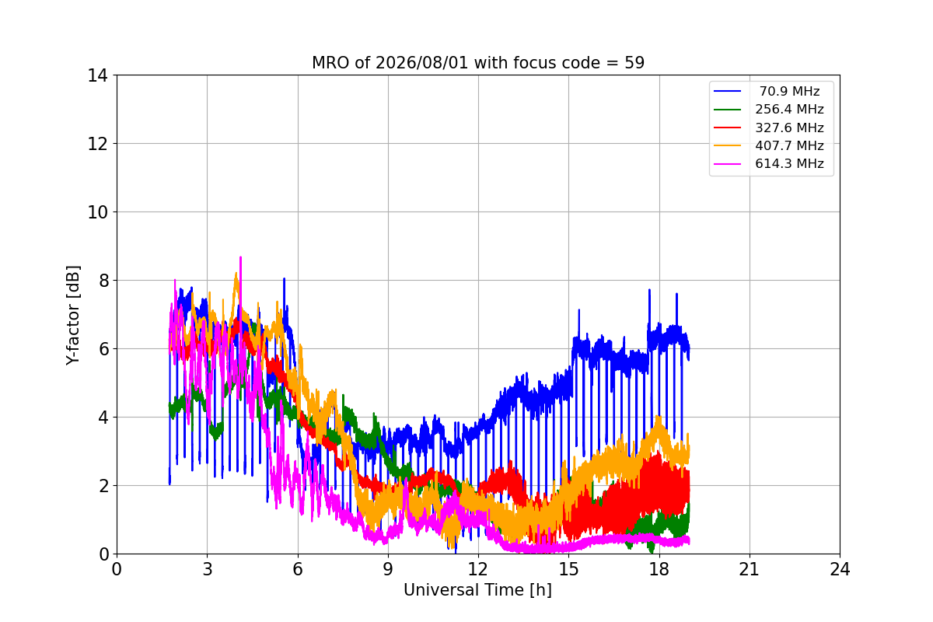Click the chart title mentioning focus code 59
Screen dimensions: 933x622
478,63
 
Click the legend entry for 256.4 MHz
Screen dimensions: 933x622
768,109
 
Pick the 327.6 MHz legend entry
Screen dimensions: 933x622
768,128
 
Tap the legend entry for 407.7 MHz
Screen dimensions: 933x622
768,145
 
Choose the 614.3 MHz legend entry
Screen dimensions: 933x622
768,164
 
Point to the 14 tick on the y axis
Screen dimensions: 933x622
97,75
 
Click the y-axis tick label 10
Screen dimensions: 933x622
97,212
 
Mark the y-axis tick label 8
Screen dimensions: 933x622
103,281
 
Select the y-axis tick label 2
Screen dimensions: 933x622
103,486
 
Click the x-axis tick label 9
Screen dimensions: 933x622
388,569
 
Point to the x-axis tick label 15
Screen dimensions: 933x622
569,569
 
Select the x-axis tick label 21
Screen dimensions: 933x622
750,569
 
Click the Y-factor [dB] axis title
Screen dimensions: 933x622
73,316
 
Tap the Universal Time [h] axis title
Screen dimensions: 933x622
477,590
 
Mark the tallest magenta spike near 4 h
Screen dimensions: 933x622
240,257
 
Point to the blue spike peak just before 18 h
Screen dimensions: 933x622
649,290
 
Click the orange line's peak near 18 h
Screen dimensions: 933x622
659,417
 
